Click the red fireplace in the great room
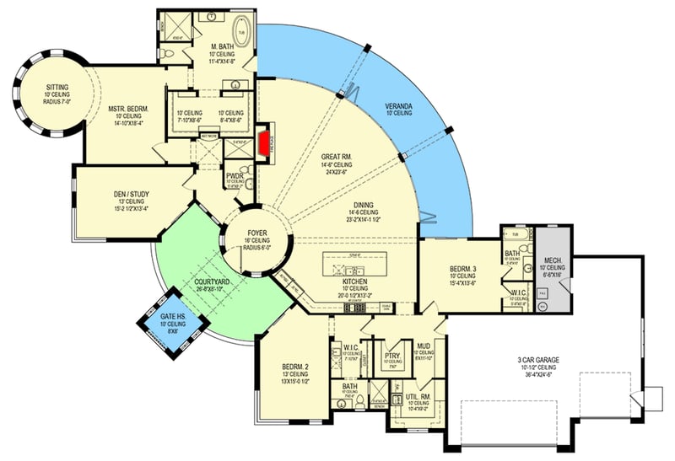coord(264,143)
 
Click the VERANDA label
coord(398,106)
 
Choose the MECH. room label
coord(553,260)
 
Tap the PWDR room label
coord(235,176)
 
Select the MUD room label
coord(424,345)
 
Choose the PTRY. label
coord(391,356)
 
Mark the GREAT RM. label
coord(341,157)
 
